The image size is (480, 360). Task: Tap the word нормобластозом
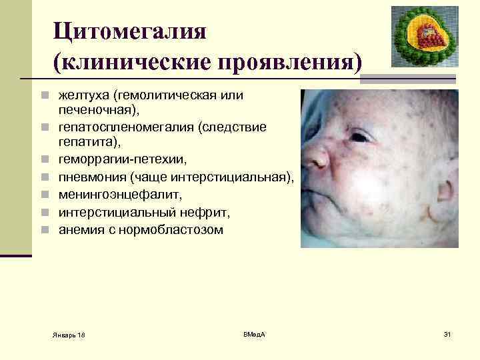(180, 230)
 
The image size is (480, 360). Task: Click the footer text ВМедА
(254, 333)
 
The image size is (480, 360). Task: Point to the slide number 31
(447, 333)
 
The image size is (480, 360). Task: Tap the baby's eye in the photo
(359, 137)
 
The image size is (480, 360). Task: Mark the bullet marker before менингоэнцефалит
(44, 195)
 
